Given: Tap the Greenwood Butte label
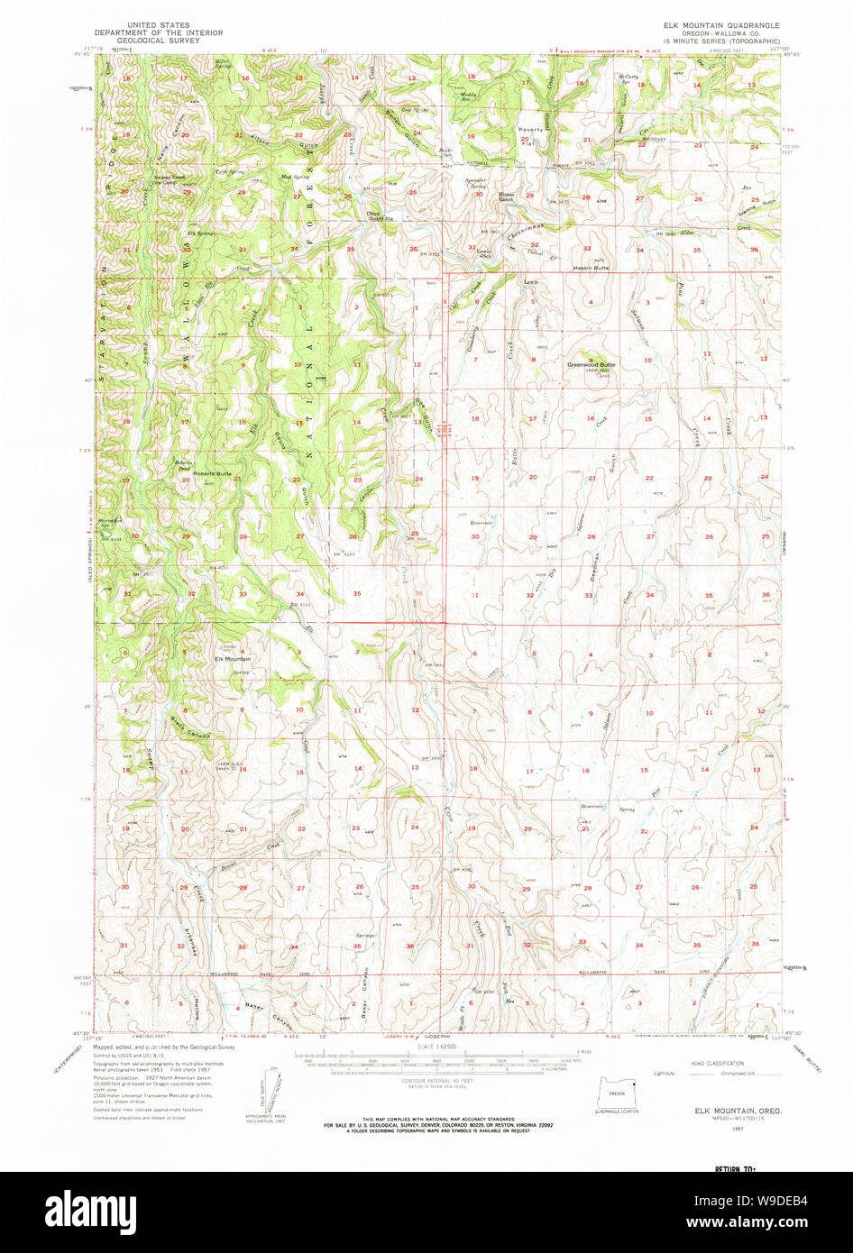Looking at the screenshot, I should [x=591, y=365].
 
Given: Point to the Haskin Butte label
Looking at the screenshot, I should [x=590, y=268].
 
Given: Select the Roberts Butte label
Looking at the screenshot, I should [x=212, y=473].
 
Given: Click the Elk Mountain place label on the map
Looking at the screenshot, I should [x=233, y=659].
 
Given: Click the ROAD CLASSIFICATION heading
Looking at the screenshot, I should [x=719, y=1064].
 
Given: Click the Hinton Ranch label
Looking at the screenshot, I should [x=506, y=196].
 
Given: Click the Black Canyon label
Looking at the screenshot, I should [x=190, y=727].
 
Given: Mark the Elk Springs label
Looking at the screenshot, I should [x=200, y=234].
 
